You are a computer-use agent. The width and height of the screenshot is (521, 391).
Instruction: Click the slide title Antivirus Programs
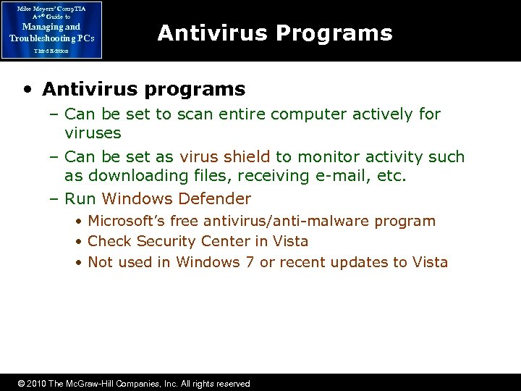274,33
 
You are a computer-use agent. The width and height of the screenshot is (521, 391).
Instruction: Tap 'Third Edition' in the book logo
51,51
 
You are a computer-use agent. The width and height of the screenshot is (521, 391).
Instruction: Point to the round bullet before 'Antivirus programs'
27,90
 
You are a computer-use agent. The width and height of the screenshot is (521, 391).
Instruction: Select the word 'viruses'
93,133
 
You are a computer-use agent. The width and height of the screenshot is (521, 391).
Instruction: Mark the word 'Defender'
215,198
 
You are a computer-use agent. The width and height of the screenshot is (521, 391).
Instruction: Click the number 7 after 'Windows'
250,262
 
